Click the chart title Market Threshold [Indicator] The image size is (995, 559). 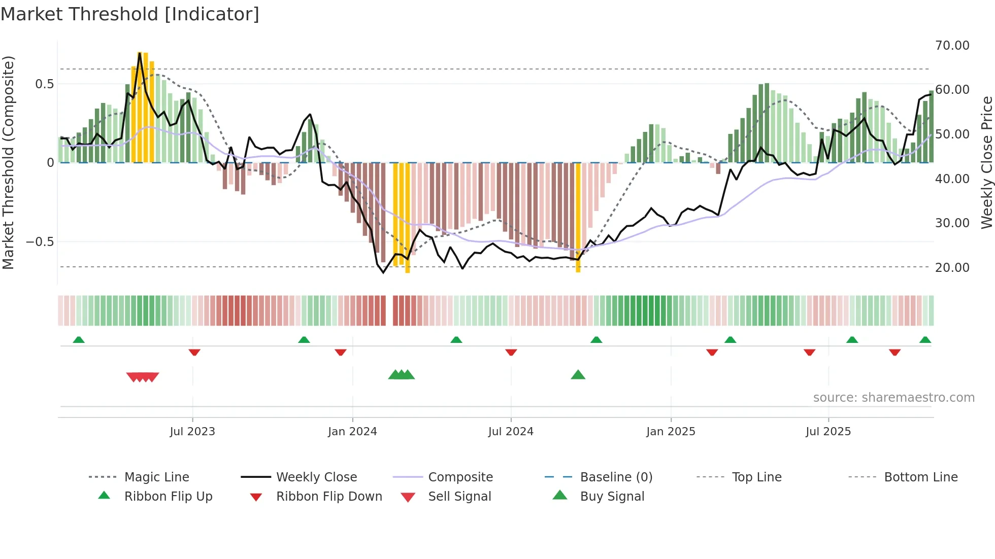pos(130,14)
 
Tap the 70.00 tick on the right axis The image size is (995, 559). pos(952,46)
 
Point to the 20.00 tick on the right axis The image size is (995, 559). pos(952,267)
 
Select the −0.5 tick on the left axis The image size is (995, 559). pos(40,242)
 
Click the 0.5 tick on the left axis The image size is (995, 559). pos(44,84)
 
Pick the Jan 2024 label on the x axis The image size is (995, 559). pos(352,432)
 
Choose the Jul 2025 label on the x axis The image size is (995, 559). pos(828,432)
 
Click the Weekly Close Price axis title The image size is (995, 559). pos(986,162)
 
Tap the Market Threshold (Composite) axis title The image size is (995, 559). pos(8,162)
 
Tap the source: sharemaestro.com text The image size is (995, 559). pos(893,398)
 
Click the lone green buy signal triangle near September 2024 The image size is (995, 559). pos(578,375)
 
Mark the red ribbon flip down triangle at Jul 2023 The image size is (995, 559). pos(194,352)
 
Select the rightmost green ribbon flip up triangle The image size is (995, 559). pos(925,340)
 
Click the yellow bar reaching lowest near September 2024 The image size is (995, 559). pos(578,218)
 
